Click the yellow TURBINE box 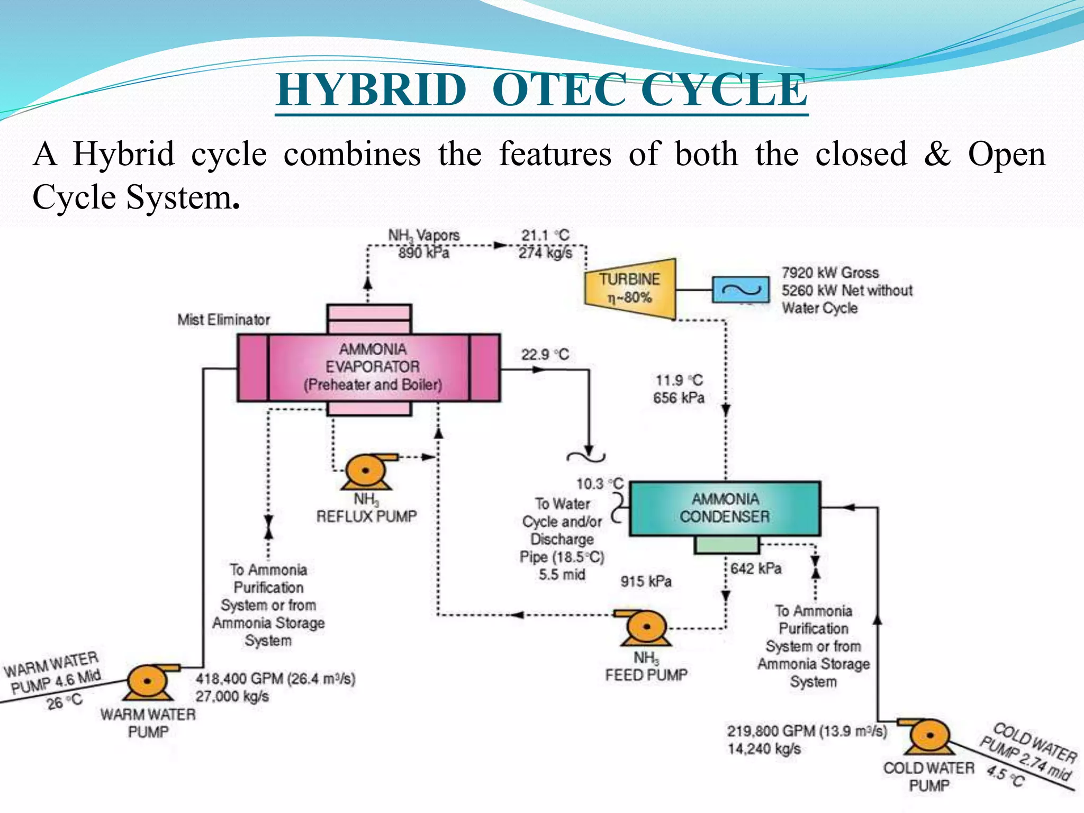pyautogui.click(x=630, y=288)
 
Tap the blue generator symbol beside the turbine pyautogui.click(x=740, y=290)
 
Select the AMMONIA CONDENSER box pyautogui.click(x=725, y=508)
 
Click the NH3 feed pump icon pyautogui.click(x=644, y=628)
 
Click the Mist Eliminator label pyautogui.click(x=223, y=320)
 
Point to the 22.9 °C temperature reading pyautogui.click(x=545, y=355)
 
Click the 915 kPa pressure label pyautogui.click(x=646, y=582)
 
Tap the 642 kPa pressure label pyautogui.click(x=756, y=568)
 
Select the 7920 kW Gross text pyautogui.click(x=830, y=273)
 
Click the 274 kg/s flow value pyautogui.click(x=545, y=253)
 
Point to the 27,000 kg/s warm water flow pyautogui.click(x=232, y=696)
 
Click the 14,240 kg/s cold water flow pyautogui.click(x=764, y=749)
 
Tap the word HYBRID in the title pyautogui.click(x=371, y=90)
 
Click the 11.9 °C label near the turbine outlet pyautogui.click(x=679, y=380)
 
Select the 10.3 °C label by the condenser pyautogui.click(x=599, y=484)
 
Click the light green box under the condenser pyautogui.click(x=726, y=545)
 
